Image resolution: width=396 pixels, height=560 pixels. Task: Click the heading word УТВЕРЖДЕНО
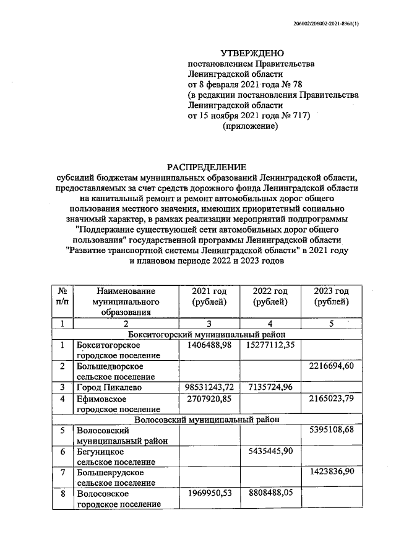pos(250,54)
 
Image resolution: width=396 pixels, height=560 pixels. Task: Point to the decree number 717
pos(296,115)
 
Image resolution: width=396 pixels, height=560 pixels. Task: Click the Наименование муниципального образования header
pos(125,301)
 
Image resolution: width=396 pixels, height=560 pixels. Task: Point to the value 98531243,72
pos(208,387)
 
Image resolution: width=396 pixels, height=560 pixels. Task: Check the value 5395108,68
pos(331,429)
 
